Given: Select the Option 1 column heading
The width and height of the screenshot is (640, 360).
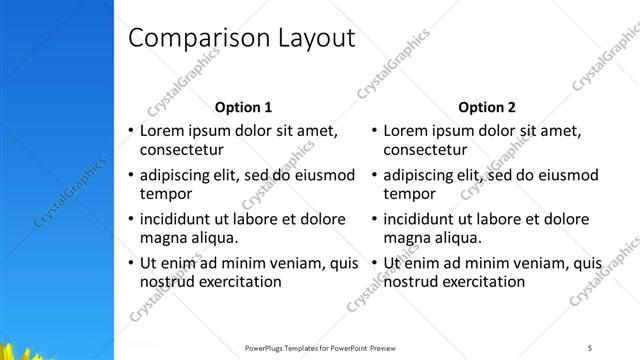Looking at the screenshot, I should tap(243, 107).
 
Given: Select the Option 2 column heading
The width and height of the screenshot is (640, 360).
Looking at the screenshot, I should tap(487, 107).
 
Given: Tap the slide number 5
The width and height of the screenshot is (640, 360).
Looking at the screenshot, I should tap(590, 347).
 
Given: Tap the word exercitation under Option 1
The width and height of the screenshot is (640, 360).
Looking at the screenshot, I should tap(240, 282).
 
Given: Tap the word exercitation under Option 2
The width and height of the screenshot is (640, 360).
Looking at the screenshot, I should tap(484, 282).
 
